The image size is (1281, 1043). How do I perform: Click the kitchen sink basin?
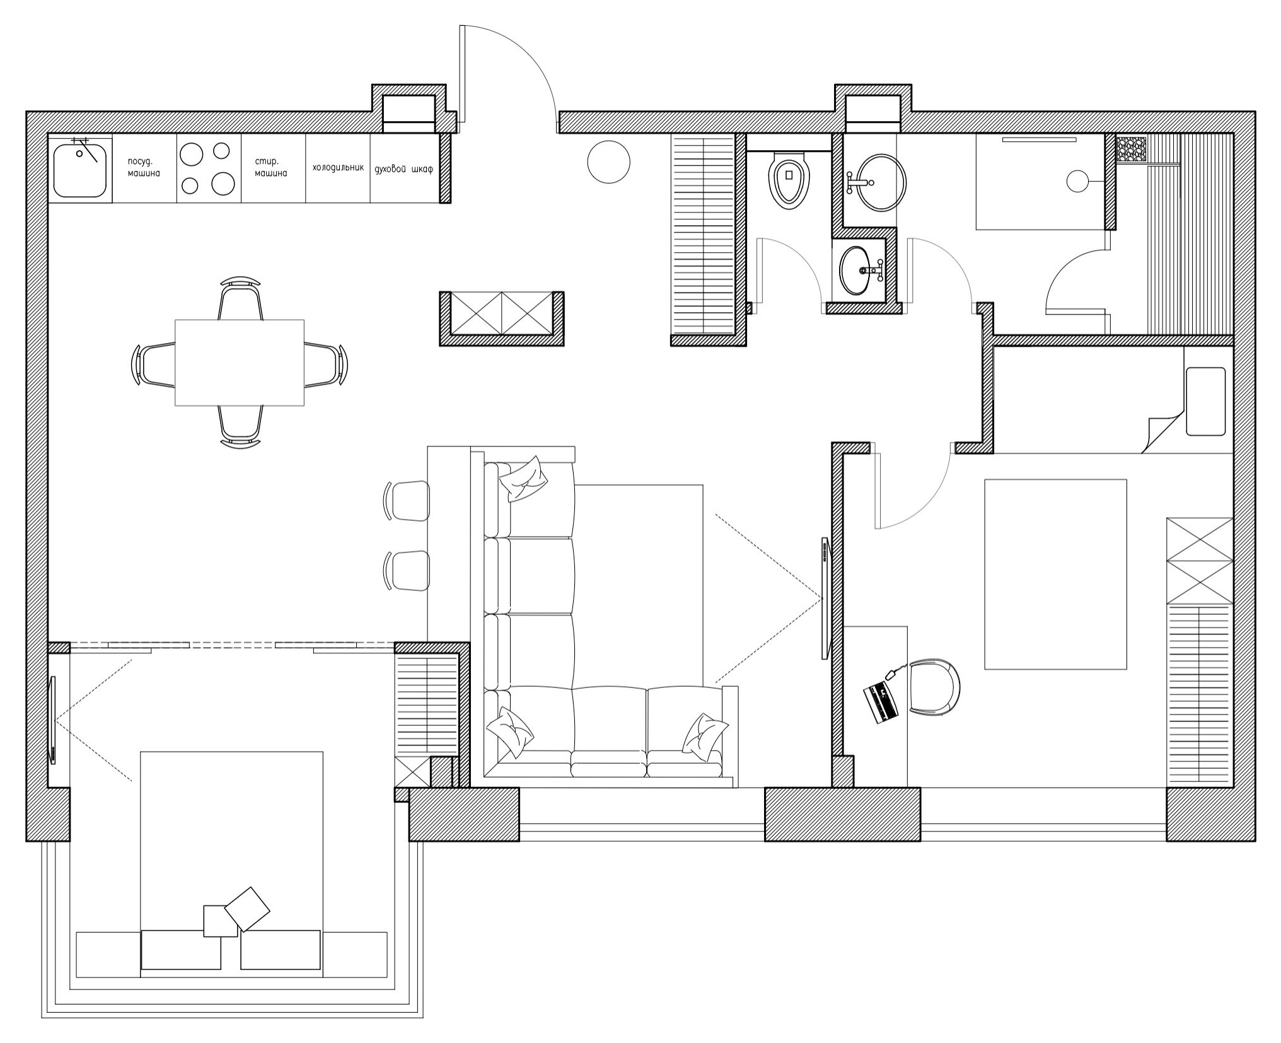(80, 170)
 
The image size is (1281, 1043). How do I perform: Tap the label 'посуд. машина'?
(144, 167)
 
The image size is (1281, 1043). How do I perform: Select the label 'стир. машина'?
(271, 167)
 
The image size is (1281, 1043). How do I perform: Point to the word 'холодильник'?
(338, 168)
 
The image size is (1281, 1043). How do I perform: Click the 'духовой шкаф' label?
(403, 169)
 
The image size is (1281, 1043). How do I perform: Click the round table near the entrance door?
(608, 162)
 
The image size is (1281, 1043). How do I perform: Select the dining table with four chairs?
(240, 363)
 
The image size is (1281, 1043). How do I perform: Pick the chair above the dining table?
(240, 299)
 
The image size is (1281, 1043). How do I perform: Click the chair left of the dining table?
(155, 364)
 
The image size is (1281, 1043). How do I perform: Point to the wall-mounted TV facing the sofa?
(825, 598)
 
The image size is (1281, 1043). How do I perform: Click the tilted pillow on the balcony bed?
(247, 909)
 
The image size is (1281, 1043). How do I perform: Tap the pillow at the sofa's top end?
(523, 479)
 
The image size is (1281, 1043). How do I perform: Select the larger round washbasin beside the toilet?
(881, 182)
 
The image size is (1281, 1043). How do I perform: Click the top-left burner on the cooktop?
(191, 154)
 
